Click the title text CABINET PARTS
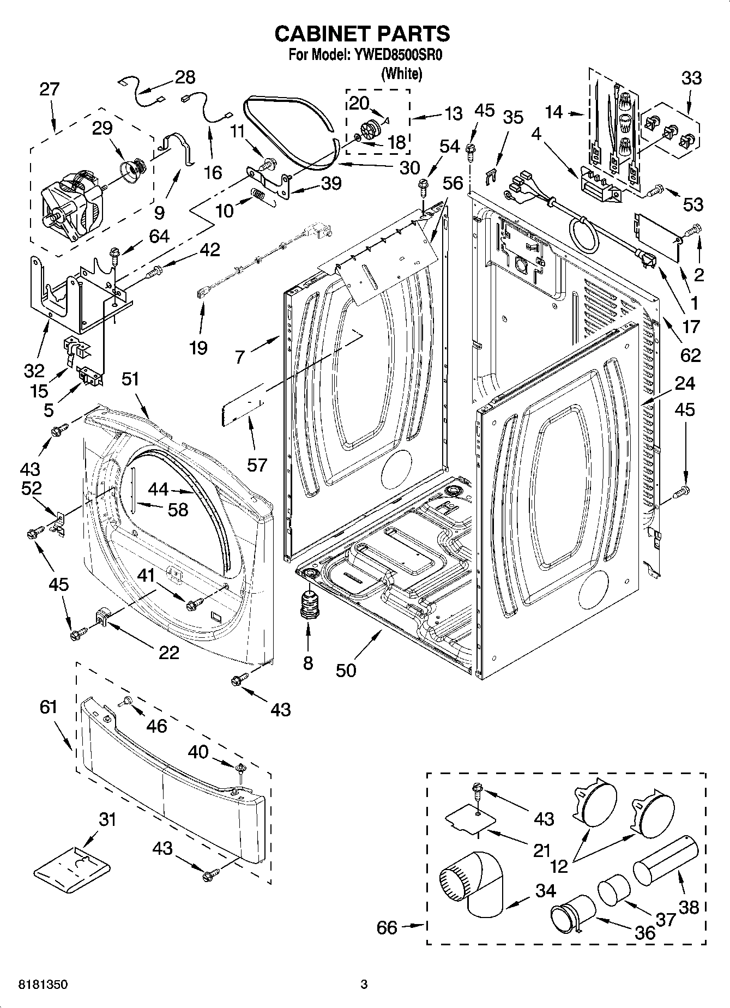pyautogui.click(x=362, y=34)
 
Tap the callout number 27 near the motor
pyautogui.click(x=49, y=89)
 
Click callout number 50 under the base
pyautogui.click(x=346, y=670)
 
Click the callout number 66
pyautogui.click(x=387, y=927)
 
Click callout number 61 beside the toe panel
pyautogui.click(x=49, y=707)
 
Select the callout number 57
pyautogui.click(x=257, y=464)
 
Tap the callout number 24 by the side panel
pyautogui.click(x=685, y=383)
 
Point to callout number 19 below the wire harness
pyautogui.click(x=198, y=347)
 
